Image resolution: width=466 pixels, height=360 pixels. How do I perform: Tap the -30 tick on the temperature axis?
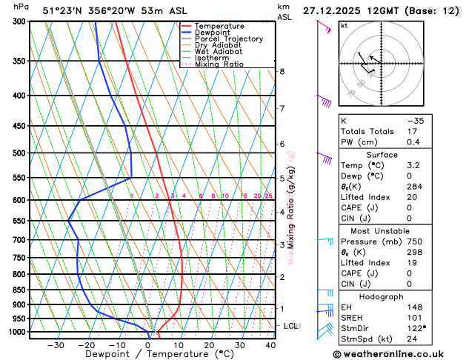coord(56,345)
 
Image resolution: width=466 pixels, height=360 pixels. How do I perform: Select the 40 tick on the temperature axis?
coord(270,345)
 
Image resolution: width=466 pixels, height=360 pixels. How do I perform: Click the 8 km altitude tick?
coord(282,71)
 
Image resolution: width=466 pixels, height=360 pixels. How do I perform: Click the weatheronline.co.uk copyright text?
coord(398,353)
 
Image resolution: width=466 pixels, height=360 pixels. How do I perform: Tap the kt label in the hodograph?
coord(344,25)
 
